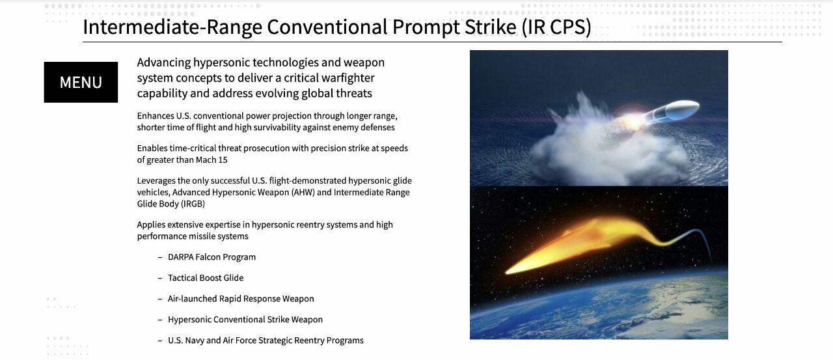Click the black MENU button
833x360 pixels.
click(81, 82)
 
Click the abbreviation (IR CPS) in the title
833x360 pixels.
click(556, 27)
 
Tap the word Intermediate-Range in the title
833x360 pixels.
click(172, 27)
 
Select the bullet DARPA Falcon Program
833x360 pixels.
click(212, 257)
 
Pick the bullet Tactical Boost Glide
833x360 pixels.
click(206, 278)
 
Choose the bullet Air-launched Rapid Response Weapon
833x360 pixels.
click(241, 299)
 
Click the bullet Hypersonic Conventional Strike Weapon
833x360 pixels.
click(245, 320)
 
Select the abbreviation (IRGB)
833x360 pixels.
click(193, 204)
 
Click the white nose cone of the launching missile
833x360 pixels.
click(683, 109)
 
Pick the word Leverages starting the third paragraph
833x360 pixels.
click(156, 181)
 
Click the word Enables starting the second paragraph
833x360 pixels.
click(152, 148)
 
